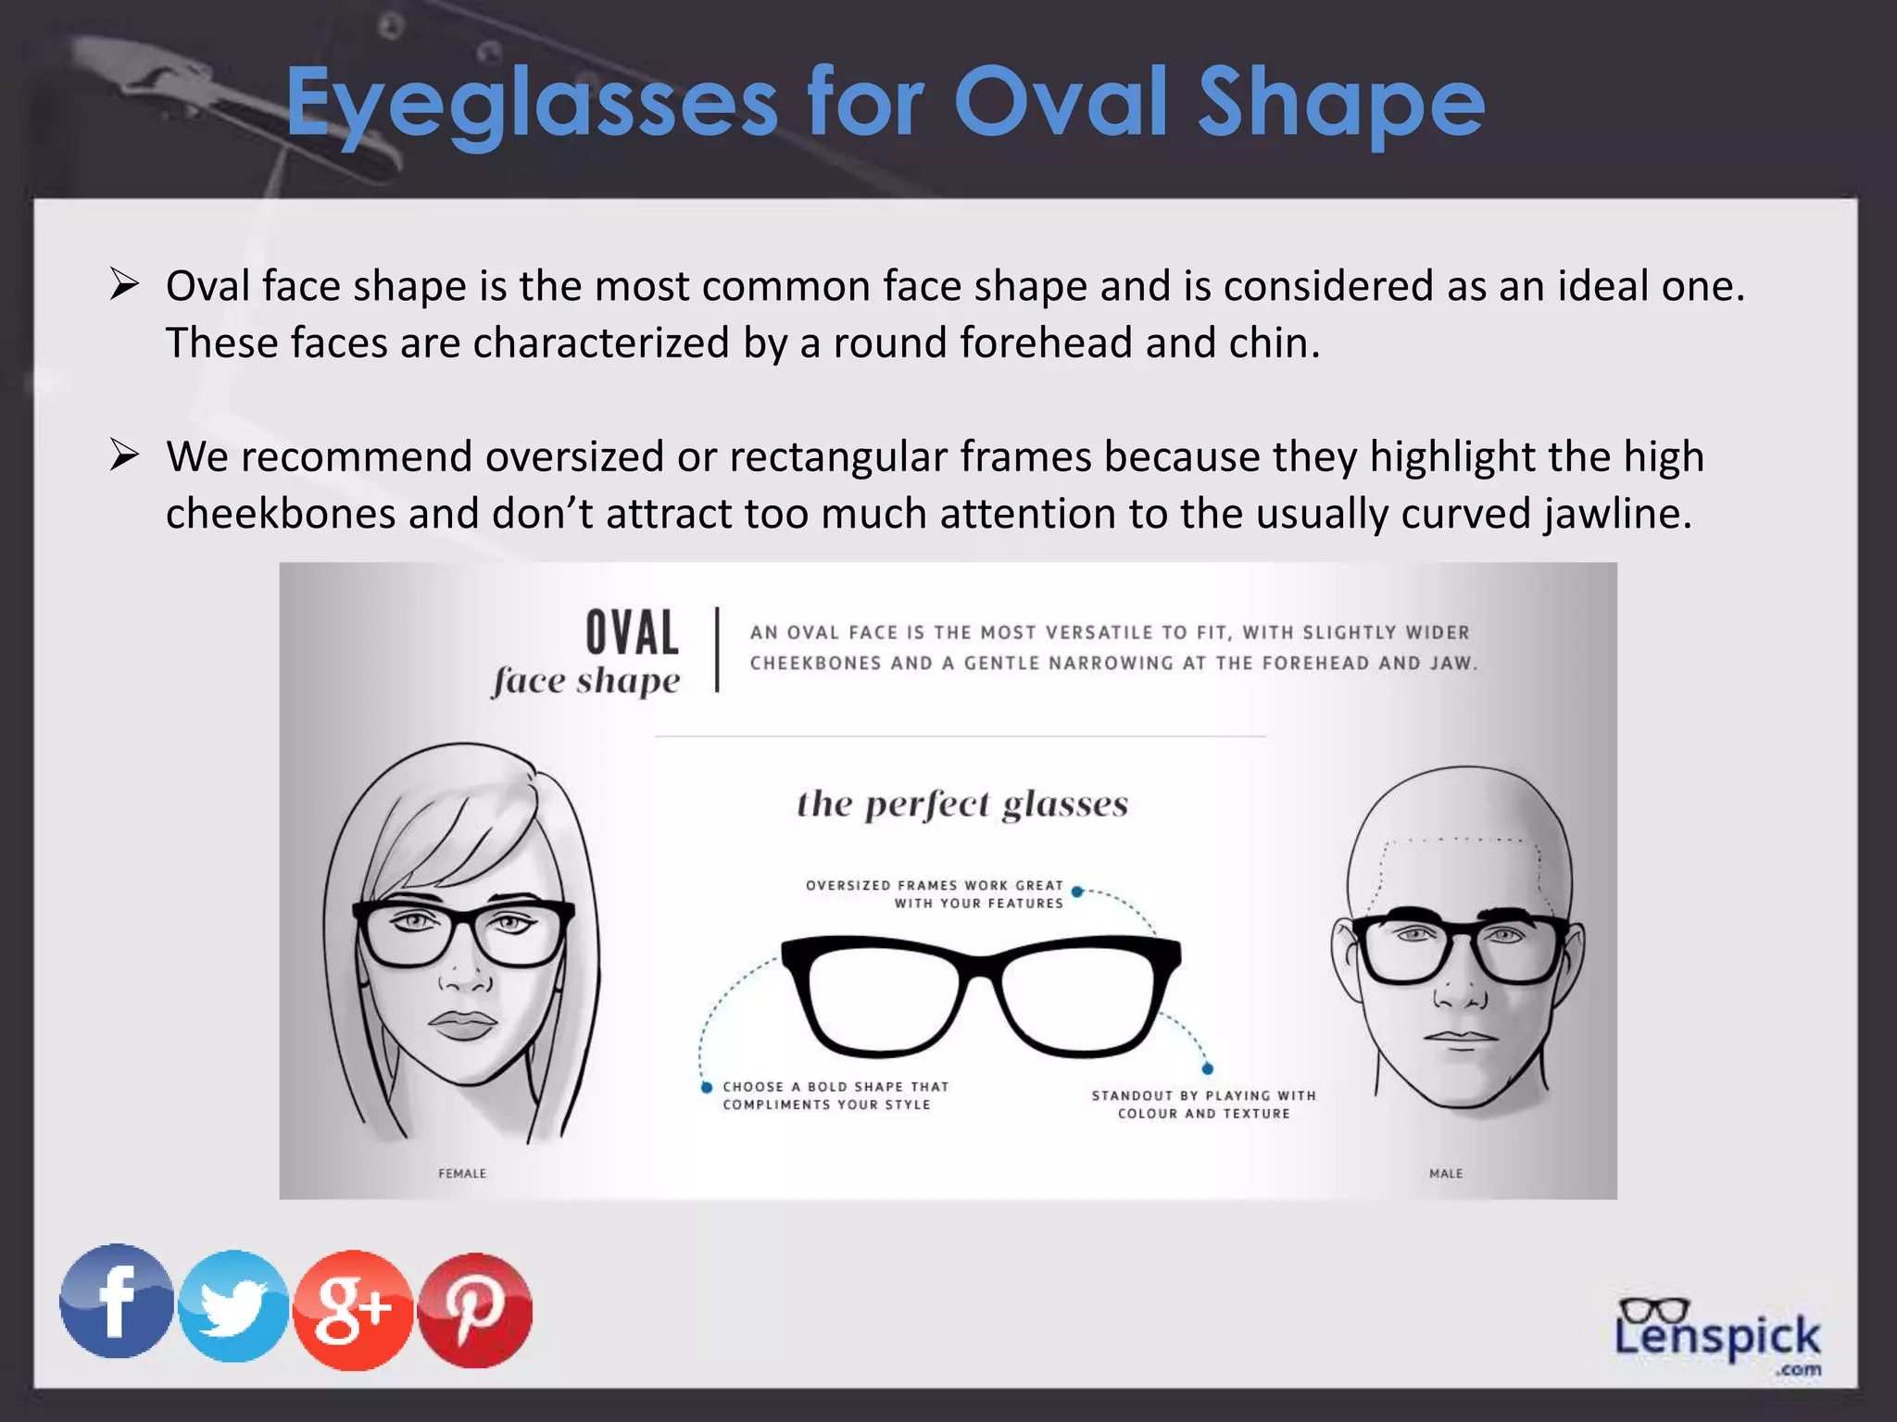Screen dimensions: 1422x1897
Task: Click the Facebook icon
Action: (116, 1301)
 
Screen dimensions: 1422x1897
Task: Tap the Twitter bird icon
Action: (233, 1306)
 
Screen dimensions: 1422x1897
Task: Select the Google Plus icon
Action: (353, 1309)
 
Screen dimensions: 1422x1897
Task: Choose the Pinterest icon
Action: (475, 1309)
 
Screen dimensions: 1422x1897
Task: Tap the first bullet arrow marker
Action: (124, 284)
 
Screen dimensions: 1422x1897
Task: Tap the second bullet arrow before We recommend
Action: (124, 455)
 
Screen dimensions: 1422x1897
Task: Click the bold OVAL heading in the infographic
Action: (633, 633)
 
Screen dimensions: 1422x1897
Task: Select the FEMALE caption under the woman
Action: (462, 1173)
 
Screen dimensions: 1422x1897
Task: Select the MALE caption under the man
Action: (1446, 1173)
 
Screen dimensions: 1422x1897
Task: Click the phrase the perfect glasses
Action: (962, 804)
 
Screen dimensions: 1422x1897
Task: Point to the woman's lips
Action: (463, 1024)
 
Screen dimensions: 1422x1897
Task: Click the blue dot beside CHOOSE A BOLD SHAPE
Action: (707, 1087)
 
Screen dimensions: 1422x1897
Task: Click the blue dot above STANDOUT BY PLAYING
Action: (1208, 1069)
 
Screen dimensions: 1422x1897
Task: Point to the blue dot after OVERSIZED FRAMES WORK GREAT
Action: (1077, 892)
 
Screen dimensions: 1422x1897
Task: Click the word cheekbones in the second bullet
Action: (281, 514)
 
